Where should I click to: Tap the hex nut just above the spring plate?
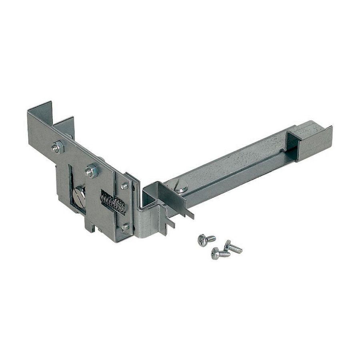pyautogui.click(x=91, y=171)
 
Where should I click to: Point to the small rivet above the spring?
pyautogui.click(x=125, y=186)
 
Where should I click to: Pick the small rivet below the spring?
pyautogui.click(x=125, y=227)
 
